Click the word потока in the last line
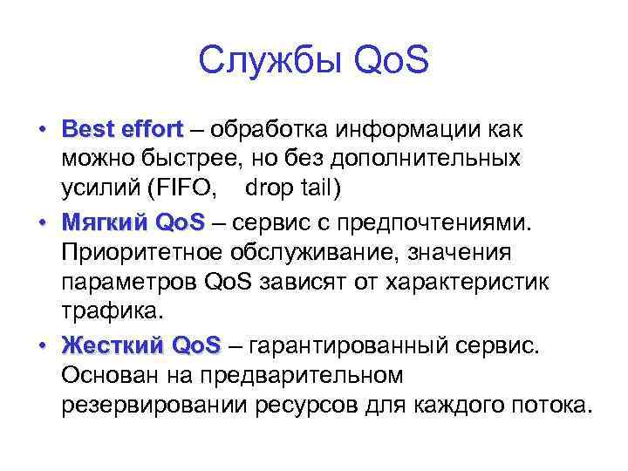(x=554, y=406)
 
